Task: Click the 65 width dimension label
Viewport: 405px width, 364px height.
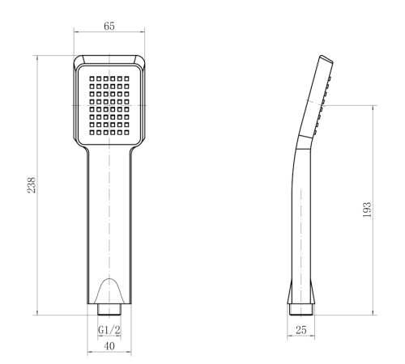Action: coord(109,26)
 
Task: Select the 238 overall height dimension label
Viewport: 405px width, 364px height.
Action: coord(32,185)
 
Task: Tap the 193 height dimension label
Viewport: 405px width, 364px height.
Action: coord(367,210)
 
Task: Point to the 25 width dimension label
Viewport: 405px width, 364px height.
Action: coord(301,329)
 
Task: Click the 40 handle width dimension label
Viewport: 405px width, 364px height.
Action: coord(109,346)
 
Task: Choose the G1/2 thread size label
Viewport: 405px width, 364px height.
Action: coord(109,330)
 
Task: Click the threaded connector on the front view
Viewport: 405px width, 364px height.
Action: coord(109,309)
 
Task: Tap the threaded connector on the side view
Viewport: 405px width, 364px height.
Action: coord(301,310)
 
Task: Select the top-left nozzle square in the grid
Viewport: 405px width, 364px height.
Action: coord(92,78)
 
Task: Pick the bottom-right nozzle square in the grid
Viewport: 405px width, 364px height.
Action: coord(126,133)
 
